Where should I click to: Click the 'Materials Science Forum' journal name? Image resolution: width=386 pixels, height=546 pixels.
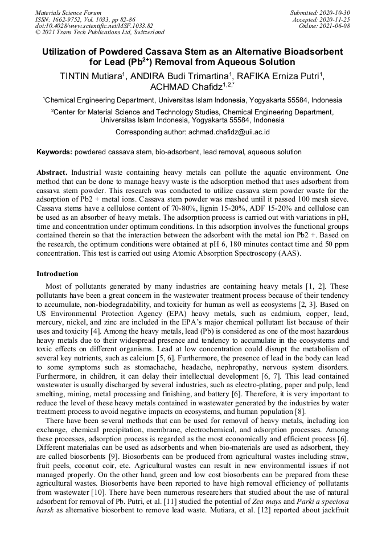pyautogui.click(x=68, y=13)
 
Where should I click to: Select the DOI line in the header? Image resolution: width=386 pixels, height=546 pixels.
pyautogui.click(x=94, y=26)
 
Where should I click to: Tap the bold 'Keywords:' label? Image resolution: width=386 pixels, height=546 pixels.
pyautogui.click(x=54, y=153)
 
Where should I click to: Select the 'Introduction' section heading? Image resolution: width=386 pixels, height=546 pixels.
pyautogui.click(x=58, y=274)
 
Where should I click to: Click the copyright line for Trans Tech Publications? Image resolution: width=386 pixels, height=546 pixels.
pyautogui.click(x=100, y=33)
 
